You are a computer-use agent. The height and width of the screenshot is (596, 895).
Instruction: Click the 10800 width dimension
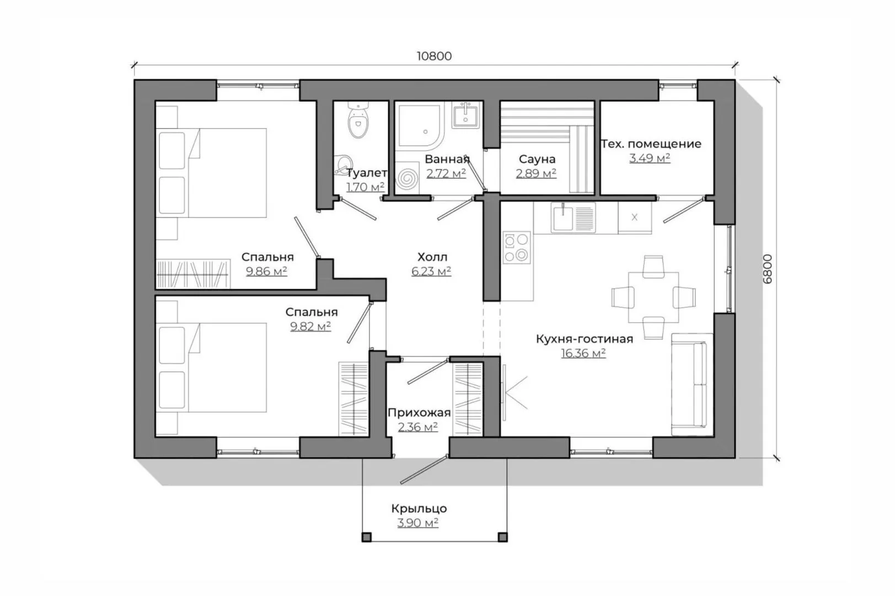pos(434,56)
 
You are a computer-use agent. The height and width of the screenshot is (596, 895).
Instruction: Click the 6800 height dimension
pos(768,269)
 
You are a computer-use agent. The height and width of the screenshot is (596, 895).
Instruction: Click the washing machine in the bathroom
pos(407,178)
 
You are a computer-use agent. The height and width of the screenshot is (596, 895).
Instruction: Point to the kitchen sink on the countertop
pos(573,217)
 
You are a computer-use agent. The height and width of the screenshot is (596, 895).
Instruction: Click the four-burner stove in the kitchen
pos(517,247)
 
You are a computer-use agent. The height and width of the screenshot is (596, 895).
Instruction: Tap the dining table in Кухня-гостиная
pos(653,297)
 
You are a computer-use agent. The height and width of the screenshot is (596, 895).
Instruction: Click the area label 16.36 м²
pos(583,353)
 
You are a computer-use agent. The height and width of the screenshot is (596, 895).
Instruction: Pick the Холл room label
pos(432,257)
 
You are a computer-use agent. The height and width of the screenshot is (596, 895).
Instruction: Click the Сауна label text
pos(537,159)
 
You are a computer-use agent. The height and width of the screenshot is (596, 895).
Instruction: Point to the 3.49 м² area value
pos(650,158)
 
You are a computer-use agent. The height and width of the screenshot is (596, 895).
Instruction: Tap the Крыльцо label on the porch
pos(419,509)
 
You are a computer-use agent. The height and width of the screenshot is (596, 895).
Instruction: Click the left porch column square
pos(366,538)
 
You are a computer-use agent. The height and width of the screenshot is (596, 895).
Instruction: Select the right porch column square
pos(502,538)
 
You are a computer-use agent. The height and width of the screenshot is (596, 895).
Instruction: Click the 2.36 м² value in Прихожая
pos(418,427)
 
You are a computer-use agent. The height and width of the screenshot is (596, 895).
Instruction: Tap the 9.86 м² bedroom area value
pos(266,272)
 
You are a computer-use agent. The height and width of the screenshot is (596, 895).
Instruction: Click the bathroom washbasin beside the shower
pos(465,115)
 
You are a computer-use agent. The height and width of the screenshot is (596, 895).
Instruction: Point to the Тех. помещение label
pos(651,144)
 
